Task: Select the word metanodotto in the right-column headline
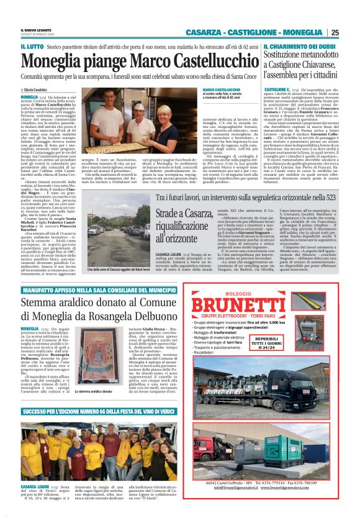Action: click(x=323, y=57)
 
